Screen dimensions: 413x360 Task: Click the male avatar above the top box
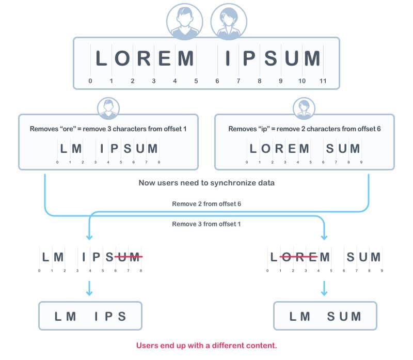pyautogui.click(x=185, y=22)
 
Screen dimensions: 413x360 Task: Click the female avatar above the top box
pyautogui.click(x=229, y=22)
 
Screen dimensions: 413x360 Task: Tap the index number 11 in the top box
pyautogui.click(x=323, y=81)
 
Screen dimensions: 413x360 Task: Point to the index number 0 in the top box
pyautogui.click(x=90, y=81)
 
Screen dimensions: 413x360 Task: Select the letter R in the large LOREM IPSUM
pyautogui.click(x=144, y=58)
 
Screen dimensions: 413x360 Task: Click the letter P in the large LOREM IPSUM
pyautogui.click(x=249, y=58)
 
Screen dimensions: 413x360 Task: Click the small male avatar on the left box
pyautogui.click(x=108, y=108)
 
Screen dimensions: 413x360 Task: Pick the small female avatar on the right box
pyautogui.click(x=304, y=108)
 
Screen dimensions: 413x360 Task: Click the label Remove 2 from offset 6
pyautogui.click(x=206, y=204)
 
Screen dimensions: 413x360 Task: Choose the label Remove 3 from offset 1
pyautogui.click(x=206, y=224)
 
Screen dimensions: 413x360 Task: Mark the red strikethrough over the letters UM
pyautogui.click(x=129, y=256)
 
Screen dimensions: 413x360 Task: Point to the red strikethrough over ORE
pyautogui.click(x=298, y=256)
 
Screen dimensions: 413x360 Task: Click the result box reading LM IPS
pyautogui.click(x=90, y=316)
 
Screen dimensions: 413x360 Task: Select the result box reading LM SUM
pyautogui.click(x=325, y=316)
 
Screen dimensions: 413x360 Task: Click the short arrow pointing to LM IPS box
pyautogui.click(x=89, y=288)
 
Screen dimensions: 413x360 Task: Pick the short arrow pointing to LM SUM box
pyautogui.click(x=324, y=288)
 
